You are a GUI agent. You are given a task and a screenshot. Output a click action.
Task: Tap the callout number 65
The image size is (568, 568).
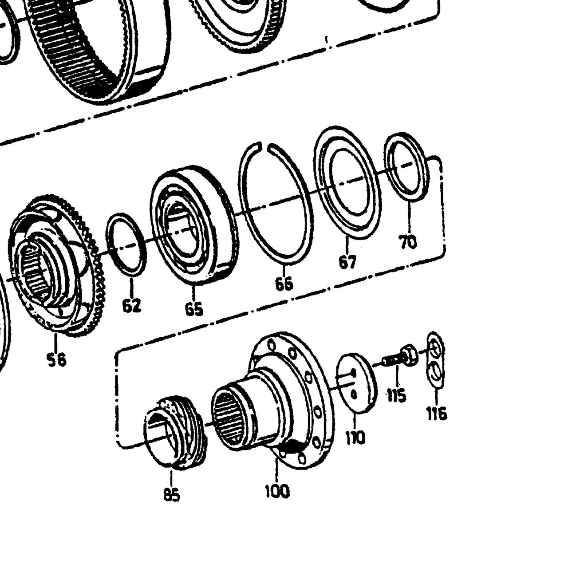[194, 308]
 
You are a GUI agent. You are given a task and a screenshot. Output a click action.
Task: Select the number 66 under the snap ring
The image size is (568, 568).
[284, 284]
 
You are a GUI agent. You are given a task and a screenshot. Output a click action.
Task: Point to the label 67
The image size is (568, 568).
[347, 261]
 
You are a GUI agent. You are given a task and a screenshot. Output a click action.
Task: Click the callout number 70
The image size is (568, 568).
[408, 241]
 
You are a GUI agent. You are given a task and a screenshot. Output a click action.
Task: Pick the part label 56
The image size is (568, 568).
[57, 359]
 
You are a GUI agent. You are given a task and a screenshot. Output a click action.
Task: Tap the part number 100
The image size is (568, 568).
[277, 491]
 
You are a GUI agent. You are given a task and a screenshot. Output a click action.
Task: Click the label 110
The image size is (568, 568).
[355, 438]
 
